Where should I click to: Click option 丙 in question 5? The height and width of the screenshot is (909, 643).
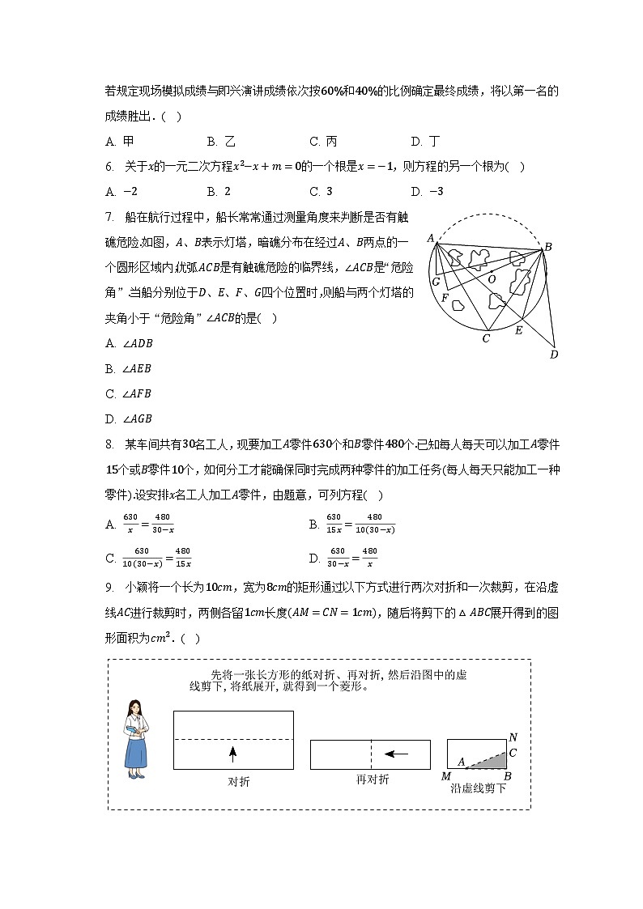pos(323,142)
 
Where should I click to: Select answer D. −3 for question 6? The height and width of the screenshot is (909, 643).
pos(428,192)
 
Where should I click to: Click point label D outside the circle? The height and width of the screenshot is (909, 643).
pos(554,354)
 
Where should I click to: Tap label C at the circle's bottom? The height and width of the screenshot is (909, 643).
pos(486,338)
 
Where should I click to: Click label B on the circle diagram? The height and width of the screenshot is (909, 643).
pos(547,247)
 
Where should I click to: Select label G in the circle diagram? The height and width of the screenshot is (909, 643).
pos(436,282)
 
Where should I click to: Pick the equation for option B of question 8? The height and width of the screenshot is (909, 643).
pos(360,525)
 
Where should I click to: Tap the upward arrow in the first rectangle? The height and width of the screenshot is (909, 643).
pos(232,754)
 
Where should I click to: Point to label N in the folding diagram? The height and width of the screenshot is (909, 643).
pos(513,737)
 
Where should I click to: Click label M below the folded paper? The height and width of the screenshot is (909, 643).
pos(446,777)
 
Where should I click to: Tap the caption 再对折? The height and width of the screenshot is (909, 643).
pos(373,779)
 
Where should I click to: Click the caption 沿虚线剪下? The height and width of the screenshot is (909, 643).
pos(478,788)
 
